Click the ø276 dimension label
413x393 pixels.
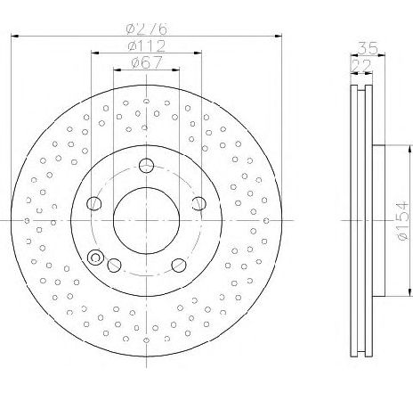(146, 29)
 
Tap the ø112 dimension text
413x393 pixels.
(146, 46)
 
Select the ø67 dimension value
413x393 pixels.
(147, 62)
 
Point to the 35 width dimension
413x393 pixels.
(368, 48)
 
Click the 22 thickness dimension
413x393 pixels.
(360, 66)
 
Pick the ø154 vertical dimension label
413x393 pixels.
(402, 221)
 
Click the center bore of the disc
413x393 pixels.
(146, 221)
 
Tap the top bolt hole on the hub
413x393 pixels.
(146, 166)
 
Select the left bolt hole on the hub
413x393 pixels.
(94, 203)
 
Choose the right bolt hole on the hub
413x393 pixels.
(198, 203)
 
